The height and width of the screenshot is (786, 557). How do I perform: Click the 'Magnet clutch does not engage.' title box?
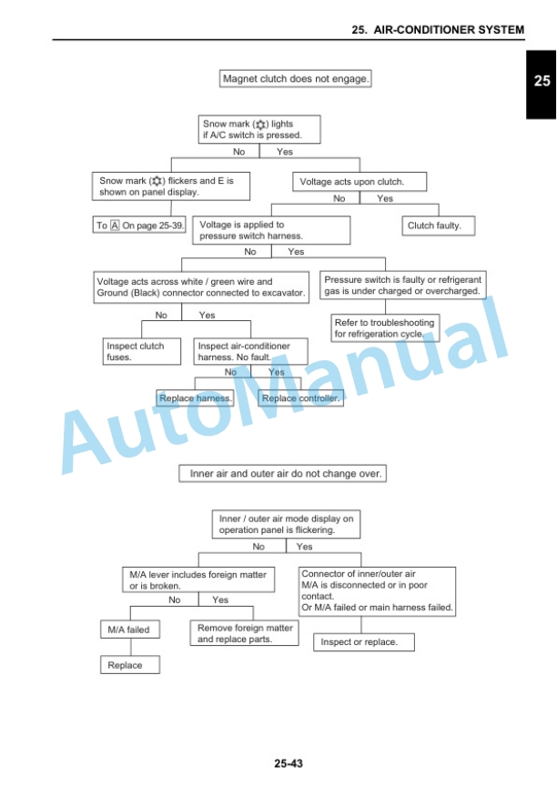pyautogui.click(x=295, y=79)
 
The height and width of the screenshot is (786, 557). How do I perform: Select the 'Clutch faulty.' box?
pyautogui.click(x=438, y=226)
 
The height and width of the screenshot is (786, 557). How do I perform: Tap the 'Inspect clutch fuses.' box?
pyautogui.click(x=141, y=351)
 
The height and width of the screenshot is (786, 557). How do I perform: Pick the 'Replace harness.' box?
pyautogui.click(x=195, y=398)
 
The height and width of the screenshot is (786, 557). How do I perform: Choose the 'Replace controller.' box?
pyautogui.click(x=301, y=398)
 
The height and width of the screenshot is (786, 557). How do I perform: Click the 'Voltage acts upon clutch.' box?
pyautogui.click(x=360, y=181)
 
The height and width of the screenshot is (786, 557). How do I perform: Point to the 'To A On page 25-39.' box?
pyautogui.click(x=139, y=225)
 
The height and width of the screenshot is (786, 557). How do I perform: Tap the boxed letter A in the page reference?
pyautogui.click(x=115, y=225)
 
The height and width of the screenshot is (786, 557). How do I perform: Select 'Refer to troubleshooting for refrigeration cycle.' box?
pyautogui.click(x=385, y=327)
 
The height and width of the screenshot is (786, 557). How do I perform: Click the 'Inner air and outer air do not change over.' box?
pyautogui.click(x=283, y=473)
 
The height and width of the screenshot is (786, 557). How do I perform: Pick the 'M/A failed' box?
pyautogui.click(x=130, y=630)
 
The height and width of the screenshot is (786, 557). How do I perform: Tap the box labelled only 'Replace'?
pyautogui.click(x=130, y=665)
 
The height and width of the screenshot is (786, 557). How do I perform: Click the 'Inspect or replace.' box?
pyautogui.click(x=364, y=642)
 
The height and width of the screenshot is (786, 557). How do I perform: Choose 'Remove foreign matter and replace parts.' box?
pyautogui.click(x=244, y=633)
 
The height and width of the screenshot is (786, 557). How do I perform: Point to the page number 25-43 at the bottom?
pyautogui.click(x=289, y=763)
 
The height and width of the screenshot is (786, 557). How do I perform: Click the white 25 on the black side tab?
pyautogui.click(x=542, y=81)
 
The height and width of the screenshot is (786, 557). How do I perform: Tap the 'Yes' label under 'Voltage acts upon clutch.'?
pyautogui.click(x=385, y=198)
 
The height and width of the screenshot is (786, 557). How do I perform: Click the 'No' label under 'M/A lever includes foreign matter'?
pyautogui.click(x=175, y=600)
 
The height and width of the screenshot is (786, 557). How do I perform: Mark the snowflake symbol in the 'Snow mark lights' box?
pyautogui.click(x=260, y=125)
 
